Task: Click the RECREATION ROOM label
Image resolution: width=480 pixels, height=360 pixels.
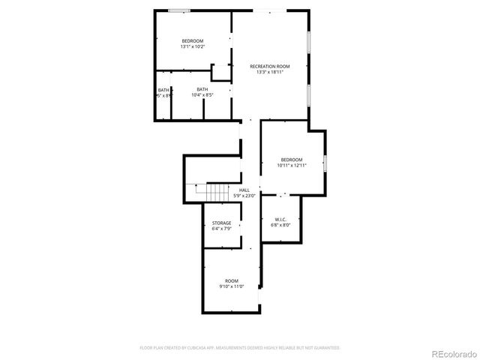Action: pos(269,66)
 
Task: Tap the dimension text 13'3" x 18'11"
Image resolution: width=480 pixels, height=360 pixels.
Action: pos(269,73)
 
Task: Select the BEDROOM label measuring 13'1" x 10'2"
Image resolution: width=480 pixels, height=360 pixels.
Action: pos(193,40)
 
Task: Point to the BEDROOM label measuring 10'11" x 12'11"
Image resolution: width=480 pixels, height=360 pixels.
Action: pos(292,159)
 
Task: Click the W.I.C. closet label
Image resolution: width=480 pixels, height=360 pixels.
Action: pos(280,219)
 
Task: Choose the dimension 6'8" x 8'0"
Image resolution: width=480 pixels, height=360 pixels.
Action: pos(280,225)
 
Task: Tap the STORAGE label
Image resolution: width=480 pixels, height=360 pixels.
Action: pos(221,223)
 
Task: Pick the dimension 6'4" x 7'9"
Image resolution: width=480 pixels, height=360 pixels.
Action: pos(221,229)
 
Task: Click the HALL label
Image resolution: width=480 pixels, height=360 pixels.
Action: pos(244,190)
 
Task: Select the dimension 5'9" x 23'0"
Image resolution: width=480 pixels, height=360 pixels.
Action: pos(244,196)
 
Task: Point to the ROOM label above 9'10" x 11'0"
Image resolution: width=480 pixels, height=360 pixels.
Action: pos(232,280)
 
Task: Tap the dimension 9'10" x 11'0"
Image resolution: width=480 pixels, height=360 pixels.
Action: pos(232,286)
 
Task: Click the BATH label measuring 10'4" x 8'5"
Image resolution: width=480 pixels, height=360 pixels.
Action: pos(202,90)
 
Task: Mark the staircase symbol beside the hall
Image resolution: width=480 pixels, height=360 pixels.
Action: pos(216,192)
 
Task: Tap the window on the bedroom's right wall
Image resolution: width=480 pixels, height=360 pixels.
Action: pos(325,163)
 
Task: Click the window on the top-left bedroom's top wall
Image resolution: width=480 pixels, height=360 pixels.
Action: pos(178,10)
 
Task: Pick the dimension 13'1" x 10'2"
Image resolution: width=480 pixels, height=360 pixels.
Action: pos(193,46)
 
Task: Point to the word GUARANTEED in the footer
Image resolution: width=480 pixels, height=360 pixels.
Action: pos(326,348)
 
